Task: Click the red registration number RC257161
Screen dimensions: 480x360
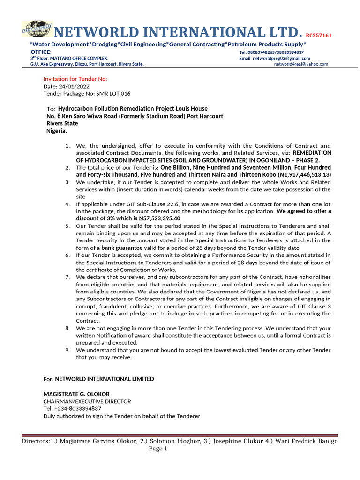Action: [319, 35]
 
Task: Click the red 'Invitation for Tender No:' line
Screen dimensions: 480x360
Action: [75, 79]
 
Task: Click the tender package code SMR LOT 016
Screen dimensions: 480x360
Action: [99, 94]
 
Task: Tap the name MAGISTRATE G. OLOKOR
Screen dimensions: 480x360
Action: [76, 394]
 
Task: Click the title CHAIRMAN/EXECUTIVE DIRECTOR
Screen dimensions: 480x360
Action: [87, 401]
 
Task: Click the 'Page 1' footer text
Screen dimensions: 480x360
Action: [158, 449]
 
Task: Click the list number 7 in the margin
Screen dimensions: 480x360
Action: [67, 277]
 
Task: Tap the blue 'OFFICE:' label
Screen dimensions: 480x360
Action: [41, 52]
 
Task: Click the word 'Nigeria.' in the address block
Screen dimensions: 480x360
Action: [57, 131]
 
